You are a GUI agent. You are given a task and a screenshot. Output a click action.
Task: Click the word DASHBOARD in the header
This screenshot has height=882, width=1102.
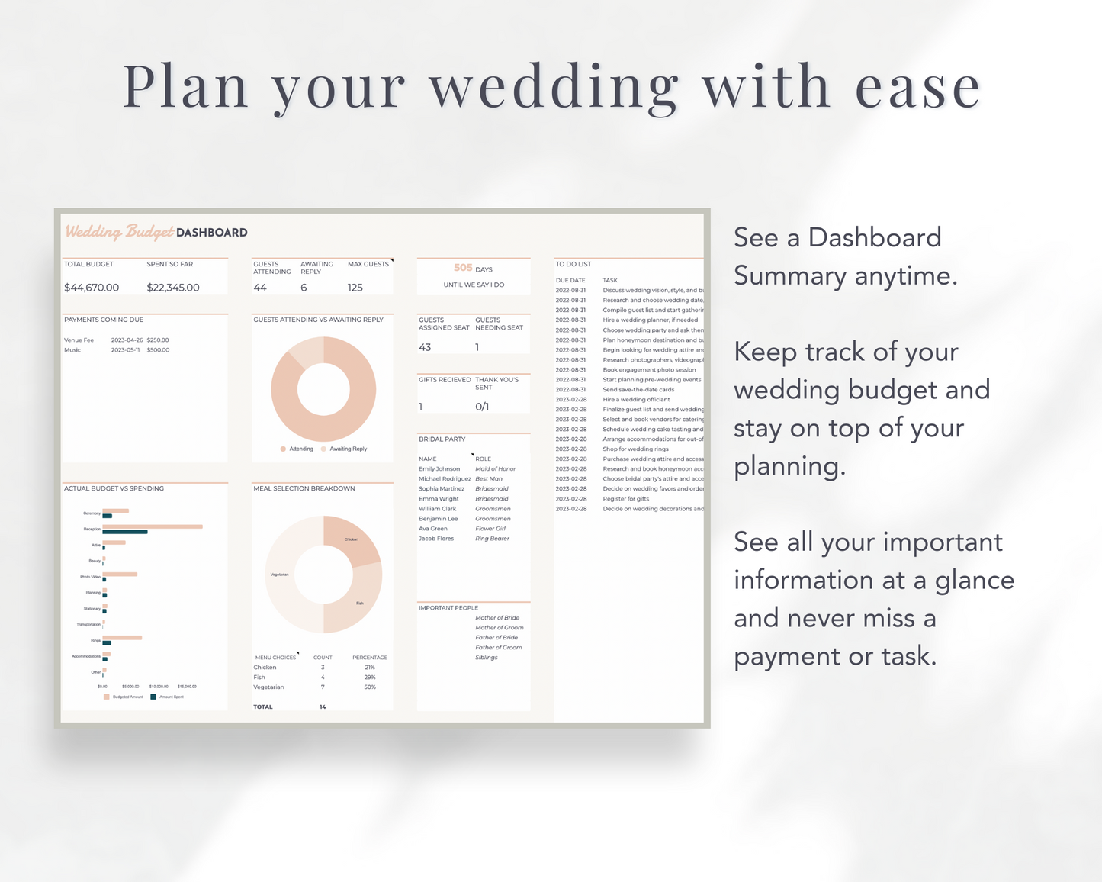click(211, 233)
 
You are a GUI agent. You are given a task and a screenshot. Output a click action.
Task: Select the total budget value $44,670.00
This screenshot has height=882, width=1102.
click(92, 288)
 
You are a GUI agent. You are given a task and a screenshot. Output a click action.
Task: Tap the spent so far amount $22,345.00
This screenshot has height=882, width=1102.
click(173, 288)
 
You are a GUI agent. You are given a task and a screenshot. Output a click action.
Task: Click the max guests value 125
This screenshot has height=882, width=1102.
click(355, 288)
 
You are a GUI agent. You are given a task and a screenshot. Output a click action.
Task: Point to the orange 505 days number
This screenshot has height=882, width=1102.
click(463, 268)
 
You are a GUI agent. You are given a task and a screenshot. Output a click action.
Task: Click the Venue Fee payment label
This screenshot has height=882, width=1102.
click(79, 340)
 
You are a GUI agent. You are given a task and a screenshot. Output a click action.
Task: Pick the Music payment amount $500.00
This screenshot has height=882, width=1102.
click(158, 350)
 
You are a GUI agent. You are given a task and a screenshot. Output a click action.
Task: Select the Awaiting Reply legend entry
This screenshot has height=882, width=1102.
click(347, 449)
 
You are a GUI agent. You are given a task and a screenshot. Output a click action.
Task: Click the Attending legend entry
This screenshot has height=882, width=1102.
click(300, 449)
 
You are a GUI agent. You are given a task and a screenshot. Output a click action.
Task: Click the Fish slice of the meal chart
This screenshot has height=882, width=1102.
click(358, 602)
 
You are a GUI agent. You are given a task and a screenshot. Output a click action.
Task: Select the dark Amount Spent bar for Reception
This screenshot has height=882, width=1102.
click(125, 532)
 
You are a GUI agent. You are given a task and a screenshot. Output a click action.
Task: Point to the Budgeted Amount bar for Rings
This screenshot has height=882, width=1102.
click(122, 638)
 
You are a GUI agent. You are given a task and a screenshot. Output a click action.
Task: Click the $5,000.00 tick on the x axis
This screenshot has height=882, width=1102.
click(130, 687)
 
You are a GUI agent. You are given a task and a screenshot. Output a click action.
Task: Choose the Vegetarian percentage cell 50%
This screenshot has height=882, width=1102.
click(370, 687)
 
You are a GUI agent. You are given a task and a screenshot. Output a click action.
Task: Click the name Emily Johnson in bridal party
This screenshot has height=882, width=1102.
click(439, 469)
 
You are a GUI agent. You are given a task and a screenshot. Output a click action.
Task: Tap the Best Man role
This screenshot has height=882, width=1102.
click(489, 479)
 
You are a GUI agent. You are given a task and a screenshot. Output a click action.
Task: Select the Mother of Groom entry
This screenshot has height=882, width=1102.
click(500, 628)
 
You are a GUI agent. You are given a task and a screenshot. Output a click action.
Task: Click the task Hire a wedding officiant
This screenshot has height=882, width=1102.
click(636, 400)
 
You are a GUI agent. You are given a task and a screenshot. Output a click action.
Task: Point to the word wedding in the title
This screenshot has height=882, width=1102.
click(553, 88)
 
